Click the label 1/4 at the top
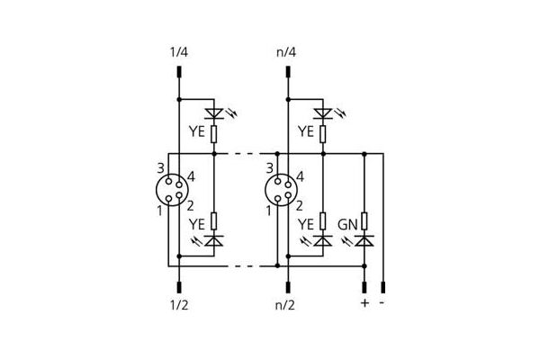click(x=179, y=52)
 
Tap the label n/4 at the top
click(x=286, y=52)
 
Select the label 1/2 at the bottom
click(x=179, y=305)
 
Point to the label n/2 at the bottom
click(x=285, y=305)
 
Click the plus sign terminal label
click(x=364, y=302)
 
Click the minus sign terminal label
click(x=382, y=302)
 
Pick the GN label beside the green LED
click(x=347, y=225)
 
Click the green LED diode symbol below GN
click(x=364, y=240)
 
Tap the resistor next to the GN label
click(x=364, y=220)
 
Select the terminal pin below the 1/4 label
click(x=179, y=72)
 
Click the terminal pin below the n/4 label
click(x=288, y=72)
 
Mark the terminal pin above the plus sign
click(x=364, y=287)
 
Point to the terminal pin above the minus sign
click(x=383, y=287)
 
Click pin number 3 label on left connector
click(x=160, y=168)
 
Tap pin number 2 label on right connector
click(x=300, y=206)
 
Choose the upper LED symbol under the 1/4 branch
click(x=214, y=113)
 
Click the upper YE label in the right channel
click(x=306, y=131)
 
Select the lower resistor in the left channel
click(x=214, y=220)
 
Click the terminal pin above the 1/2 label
click(x=179, y=287)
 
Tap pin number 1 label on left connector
click(x=159, y=211)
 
